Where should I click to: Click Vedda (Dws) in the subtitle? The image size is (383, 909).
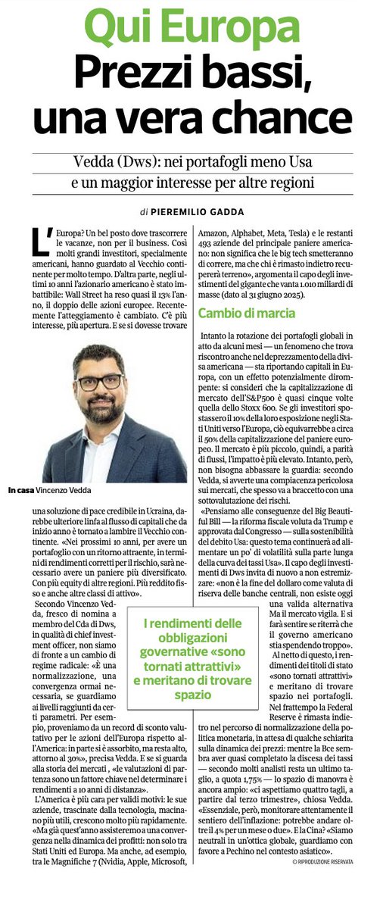click(103, 161)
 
